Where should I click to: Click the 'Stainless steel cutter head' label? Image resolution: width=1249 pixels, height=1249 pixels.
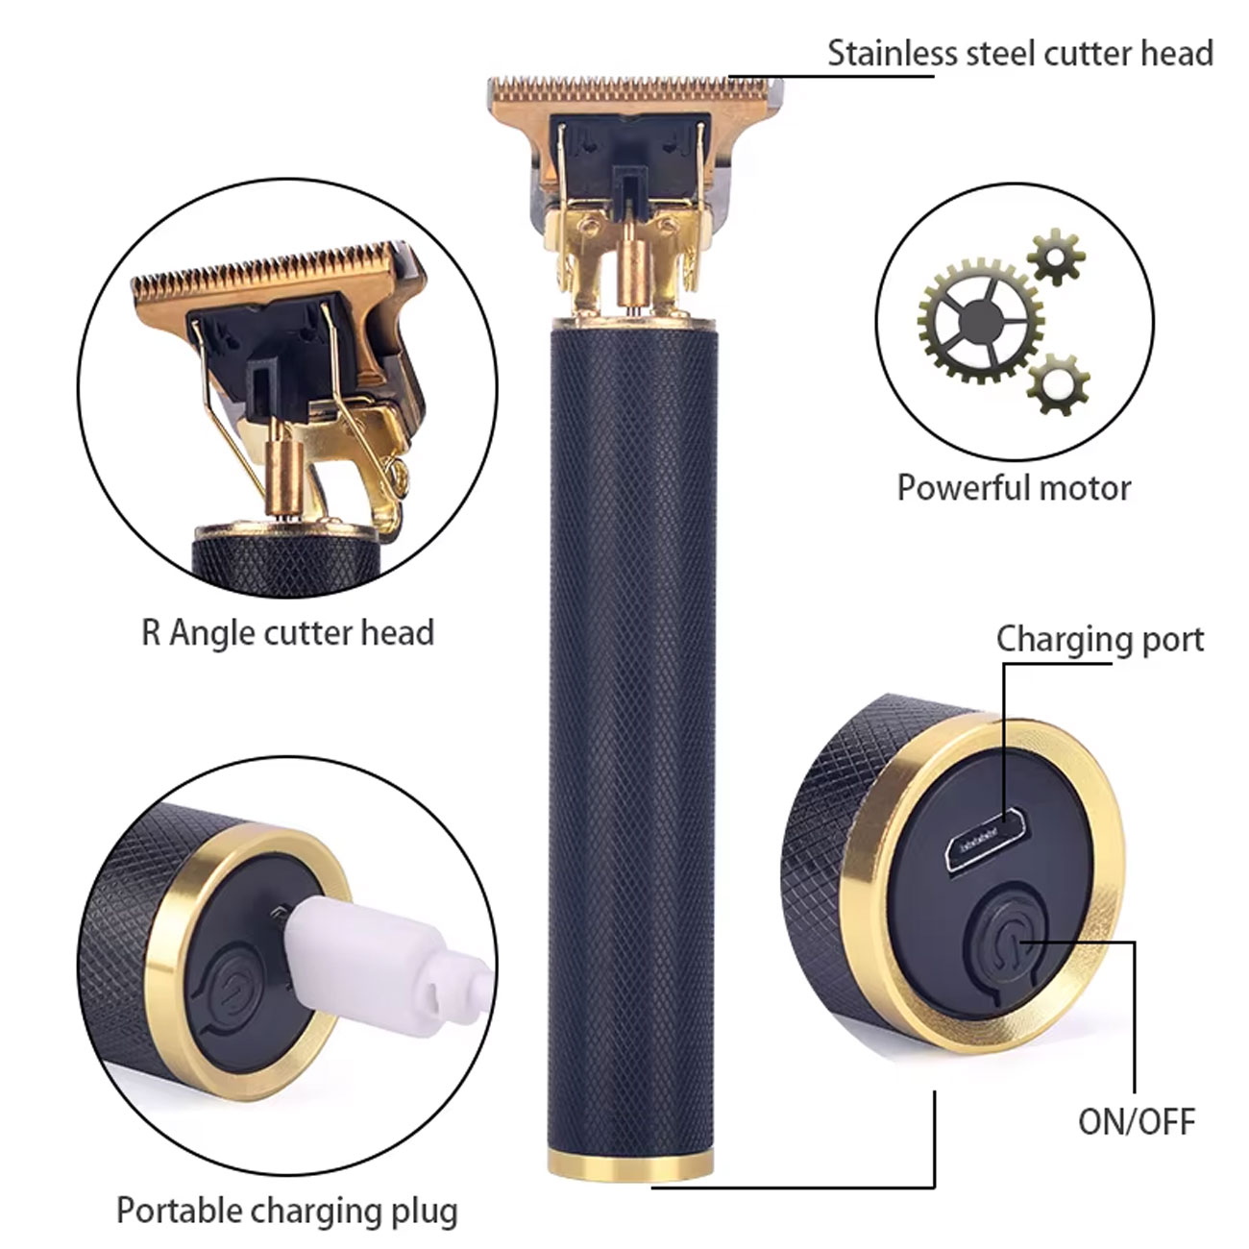pos(1020,53)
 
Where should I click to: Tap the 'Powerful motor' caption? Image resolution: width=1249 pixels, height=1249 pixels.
pos(1013,487)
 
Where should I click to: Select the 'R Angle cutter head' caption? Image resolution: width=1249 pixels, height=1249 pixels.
pos(288,632)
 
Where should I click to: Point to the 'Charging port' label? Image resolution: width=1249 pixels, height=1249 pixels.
pos(1099,641)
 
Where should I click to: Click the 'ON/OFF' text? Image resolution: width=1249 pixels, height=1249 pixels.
pos(1137,1122)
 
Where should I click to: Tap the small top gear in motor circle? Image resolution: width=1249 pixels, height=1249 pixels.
pos(1056,257)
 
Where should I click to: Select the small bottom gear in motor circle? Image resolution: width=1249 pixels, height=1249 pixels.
pos(1059,384)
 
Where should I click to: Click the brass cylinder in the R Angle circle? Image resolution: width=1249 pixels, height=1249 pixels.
pos(285,472)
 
